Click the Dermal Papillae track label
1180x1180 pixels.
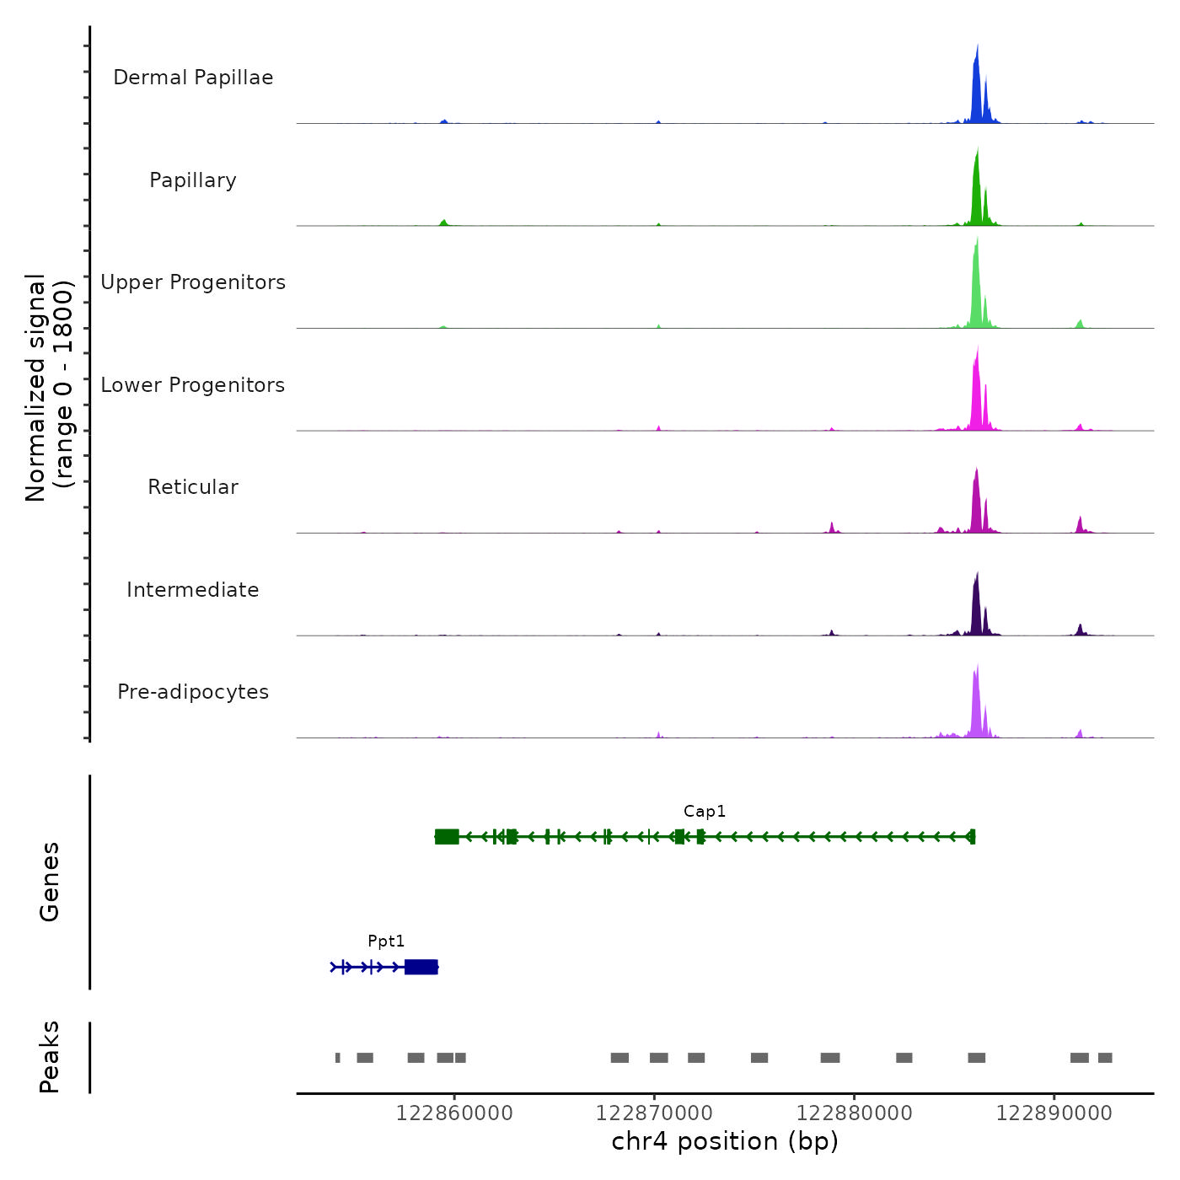pos(193,78)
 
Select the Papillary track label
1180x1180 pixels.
pos(193,180)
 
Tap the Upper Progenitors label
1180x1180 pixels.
pos(193,282)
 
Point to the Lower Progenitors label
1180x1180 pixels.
pos(193,385)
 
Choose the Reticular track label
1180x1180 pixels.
pos(193,487)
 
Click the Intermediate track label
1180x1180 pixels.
pos(193,590)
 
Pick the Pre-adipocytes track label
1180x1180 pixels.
pos(193,692)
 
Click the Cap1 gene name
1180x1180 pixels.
pos(705,812)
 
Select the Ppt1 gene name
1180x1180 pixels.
pos(386,941)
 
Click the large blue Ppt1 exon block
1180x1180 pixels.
pos(421,967)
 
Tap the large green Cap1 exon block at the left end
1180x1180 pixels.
pos(447,836)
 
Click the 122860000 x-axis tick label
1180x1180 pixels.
pos(454,1113)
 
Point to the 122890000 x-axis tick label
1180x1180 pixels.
pos(1054,1113)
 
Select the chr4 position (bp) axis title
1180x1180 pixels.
pos(725,1142)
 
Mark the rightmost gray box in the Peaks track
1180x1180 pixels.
pos(1105,1058)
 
